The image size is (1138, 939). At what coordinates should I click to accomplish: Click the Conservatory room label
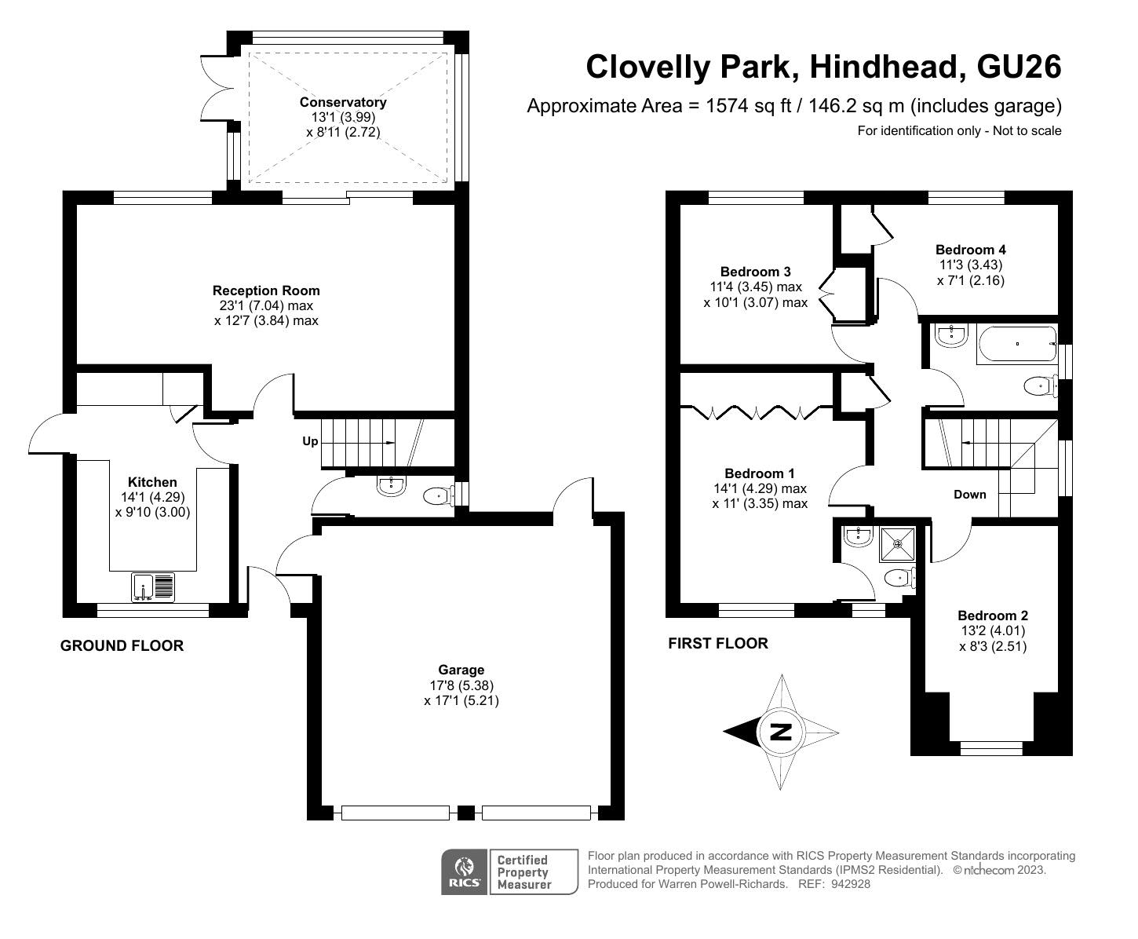(x=343, y=102)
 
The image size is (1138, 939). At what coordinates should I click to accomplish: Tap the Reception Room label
(x=266, y=290)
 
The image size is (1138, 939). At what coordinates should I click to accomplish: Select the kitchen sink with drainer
(x=153, y=586)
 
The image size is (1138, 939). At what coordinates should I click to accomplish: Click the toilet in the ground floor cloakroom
(x=439, y=495)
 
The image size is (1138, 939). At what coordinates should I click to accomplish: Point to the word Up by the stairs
(x=310, y=441)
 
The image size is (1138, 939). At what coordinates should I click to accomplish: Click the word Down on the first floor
(x=969, y=494)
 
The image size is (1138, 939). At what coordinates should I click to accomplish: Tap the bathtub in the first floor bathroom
(x=1017, y=344)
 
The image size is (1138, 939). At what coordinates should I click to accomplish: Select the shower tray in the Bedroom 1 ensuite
(x=896, y=543)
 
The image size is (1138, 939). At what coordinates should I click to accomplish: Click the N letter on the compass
(x=782, y=733)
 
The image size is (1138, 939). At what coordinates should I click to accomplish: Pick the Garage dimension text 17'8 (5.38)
(x=461, y=685)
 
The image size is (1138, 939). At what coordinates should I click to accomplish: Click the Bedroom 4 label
(x=971, y=250)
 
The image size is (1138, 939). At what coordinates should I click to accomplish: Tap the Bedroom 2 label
(x=993, y=616)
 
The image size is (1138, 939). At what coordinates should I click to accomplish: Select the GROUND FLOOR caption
(x=122, y=645)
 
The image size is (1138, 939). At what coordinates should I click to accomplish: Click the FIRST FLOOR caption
(x=718, y=644)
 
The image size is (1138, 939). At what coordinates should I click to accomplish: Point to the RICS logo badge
(x=465, y=872)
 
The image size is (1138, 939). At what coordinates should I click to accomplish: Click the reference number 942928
(x=850, y=884)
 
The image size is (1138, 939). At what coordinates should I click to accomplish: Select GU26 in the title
(x=1019, y=67)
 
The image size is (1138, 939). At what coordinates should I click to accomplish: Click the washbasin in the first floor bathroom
(x=951, y=334)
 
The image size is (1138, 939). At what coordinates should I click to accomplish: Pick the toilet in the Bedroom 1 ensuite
(x=899, y=577)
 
